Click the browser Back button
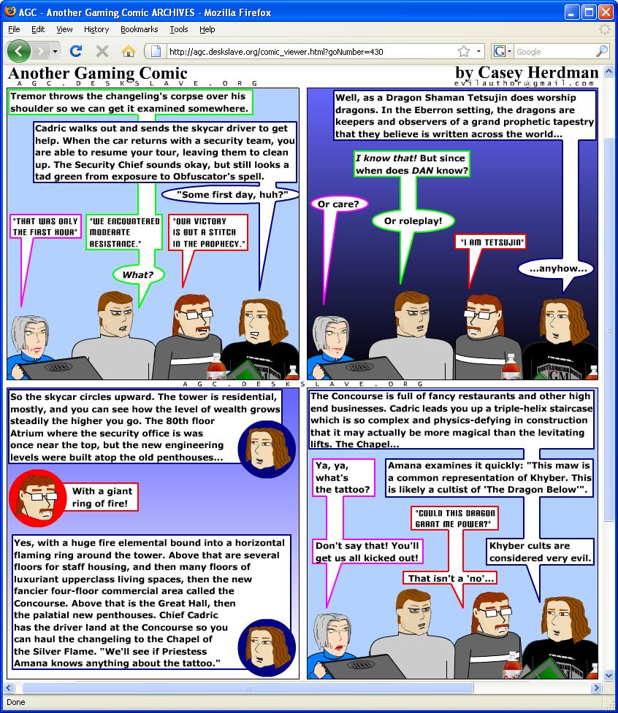19,51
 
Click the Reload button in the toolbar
76,51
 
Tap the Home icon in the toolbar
129,51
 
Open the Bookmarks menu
140,29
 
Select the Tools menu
179,29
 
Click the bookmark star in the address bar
464,51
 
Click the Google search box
554,51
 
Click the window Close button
606,12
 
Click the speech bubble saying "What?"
138,274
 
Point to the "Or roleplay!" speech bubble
413,221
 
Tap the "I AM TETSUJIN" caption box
491,242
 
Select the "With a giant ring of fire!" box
100,497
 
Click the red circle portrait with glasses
37,498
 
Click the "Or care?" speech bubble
338,204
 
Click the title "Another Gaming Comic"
98,73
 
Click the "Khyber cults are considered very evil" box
540,552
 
